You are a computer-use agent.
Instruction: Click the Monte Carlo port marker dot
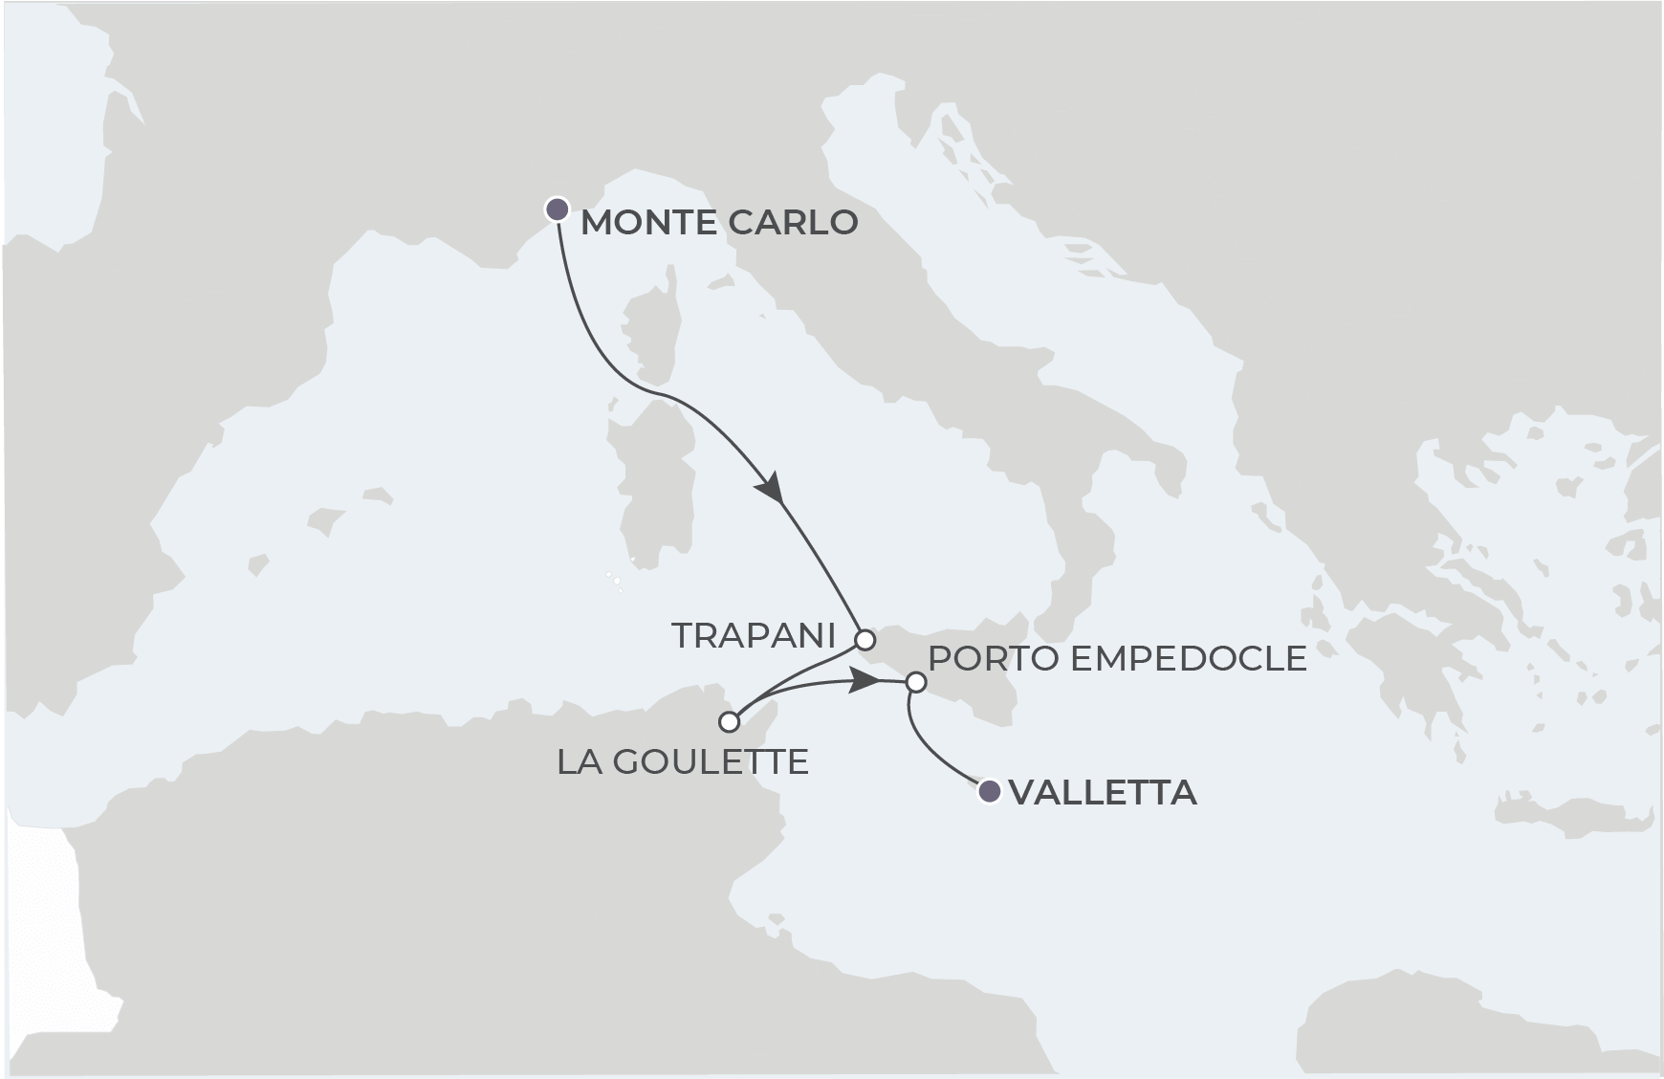(x=557, y=209)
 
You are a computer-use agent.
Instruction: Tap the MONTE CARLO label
(x=719, y=223)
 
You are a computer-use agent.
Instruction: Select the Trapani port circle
(x=865, y=639)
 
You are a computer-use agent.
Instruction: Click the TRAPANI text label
(x=754, y=635)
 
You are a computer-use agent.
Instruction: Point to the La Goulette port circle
(x=730, y=721)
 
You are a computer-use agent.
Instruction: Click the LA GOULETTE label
(x=683, y=762)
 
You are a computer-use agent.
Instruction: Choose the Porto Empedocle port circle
(x=915, y=683)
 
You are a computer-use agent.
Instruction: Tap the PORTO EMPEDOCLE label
(x=1117, y=658)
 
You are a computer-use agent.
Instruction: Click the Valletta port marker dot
(x=990, y=791)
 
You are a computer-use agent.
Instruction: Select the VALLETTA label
(x=1103, y=793)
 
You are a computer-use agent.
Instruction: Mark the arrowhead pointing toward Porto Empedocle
(x=865, y=681)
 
